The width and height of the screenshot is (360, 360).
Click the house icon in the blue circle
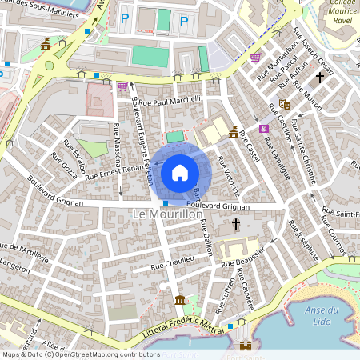click(x=180, y=172)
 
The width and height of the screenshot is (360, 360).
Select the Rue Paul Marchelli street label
click(x=170, y=102)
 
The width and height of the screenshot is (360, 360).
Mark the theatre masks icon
click(x=284, y=104)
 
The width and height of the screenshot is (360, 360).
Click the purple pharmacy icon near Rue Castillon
click(x=263, y=127)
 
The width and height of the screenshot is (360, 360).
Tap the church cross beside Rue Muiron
click(x=320, y=78)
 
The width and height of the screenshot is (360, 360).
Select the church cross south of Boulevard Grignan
click(x=236, y=226)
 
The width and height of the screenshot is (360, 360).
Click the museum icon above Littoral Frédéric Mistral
click(x=180, y=300)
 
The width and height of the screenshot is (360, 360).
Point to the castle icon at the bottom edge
click(x=246, y=346)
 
